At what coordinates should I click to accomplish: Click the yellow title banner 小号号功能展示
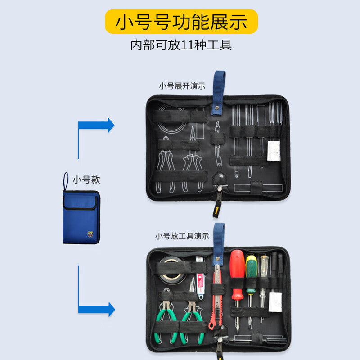(x=181, y=22)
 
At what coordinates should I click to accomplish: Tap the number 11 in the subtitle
(x=188, y=45)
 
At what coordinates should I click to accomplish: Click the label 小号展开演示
(x=182, y=86)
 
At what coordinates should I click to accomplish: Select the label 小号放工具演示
(x=182, y=236)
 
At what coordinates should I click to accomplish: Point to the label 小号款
(x=86, y=180)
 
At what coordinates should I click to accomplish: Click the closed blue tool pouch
(x=81, y=217)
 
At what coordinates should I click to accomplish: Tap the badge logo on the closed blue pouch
(x=91, y=234)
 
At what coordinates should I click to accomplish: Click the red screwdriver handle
(x=237, y=270)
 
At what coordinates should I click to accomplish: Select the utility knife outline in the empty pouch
(x=218, y=144)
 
